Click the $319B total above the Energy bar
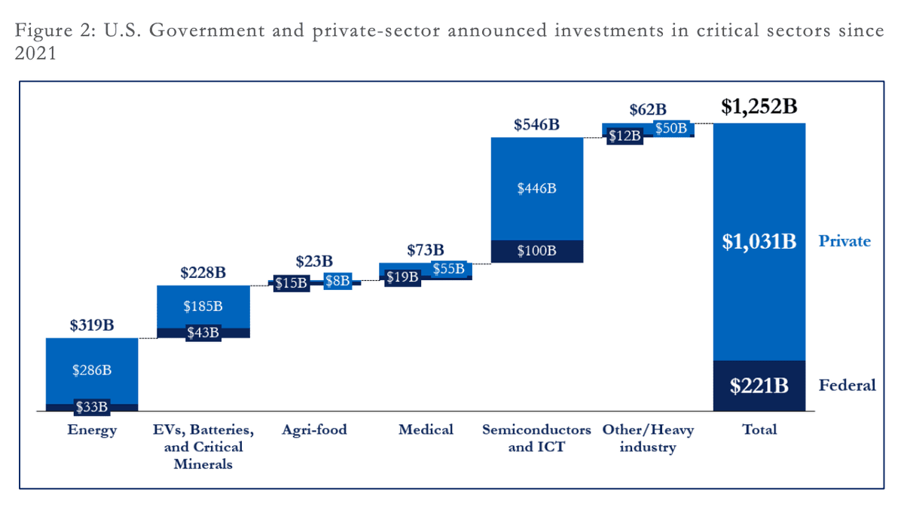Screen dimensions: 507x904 91,325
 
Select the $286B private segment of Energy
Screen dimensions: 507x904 91,370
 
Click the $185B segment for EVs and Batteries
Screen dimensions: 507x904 203,307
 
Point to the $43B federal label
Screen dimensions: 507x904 203,331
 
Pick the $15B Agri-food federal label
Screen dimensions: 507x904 291,283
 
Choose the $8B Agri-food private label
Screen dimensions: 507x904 337,281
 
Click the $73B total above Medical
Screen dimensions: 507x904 426,249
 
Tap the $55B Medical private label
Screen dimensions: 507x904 448,269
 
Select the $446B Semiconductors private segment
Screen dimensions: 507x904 536,188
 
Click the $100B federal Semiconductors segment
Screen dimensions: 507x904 536,251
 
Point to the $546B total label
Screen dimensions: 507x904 536,125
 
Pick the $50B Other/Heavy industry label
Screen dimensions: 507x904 670,129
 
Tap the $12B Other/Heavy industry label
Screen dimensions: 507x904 625,136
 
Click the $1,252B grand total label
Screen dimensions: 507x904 759,107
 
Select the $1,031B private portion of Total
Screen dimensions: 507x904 759,242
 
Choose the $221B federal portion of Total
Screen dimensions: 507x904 759,386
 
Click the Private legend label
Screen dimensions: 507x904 844,241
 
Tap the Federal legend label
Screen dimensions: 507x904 847,386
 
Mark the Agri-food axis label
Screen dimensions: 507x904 314,430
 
